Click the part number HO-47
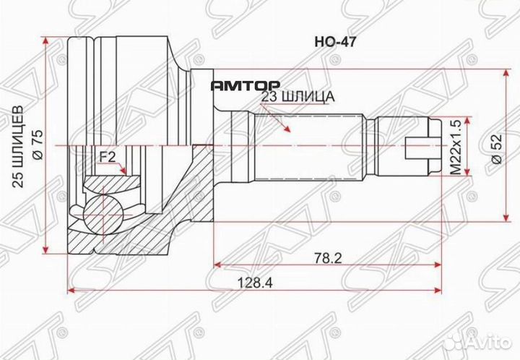point(333,42)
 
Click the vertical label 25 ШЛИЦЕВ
point(22,145)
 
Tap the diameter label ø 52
point(496,145)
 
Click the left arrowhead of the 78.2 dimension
point(216,265)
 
